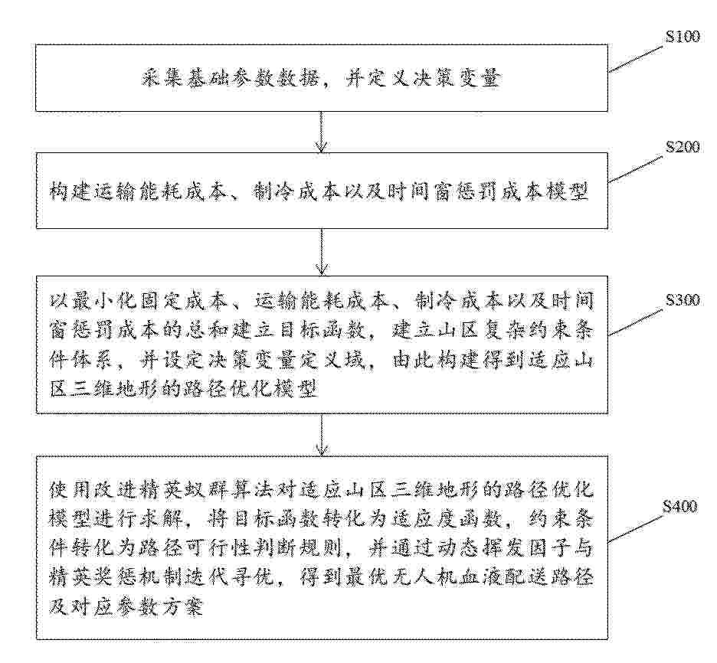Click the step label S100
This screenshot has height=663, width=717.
682,38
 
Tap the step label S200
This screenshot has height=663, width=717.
682,149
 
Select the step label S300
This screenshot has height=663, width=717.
682,300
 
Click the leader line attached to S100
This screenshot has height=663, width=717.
636,58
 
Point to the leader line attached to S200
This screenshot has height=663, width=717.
636,169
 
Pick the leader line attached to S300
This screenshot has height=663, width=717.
636,322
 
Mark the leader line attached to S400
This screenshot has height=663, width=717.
636,528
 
